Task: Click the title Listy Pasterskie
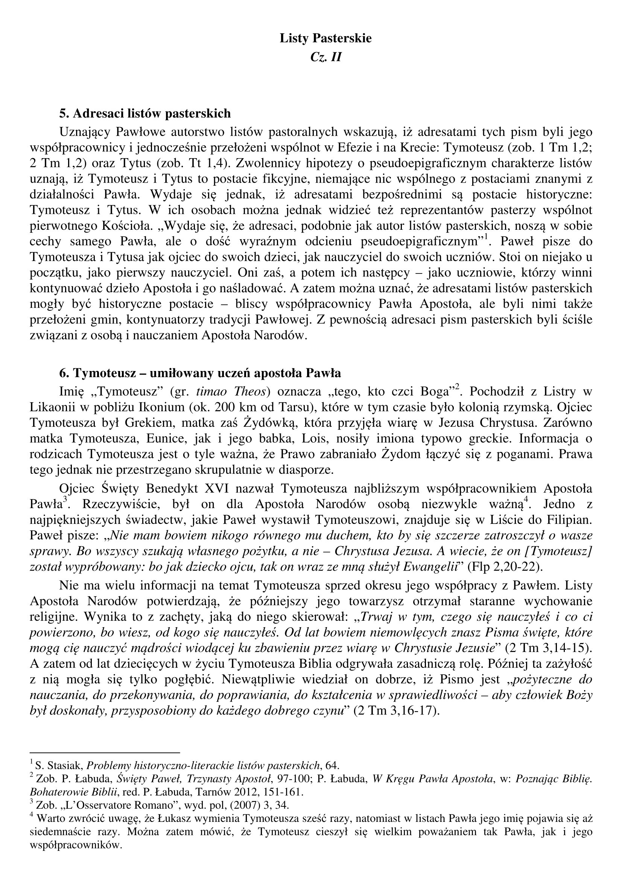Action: pyautogui.click(x=325, y=38)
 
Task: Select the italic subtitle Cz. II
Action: pyautogui.click(x=325, y=57)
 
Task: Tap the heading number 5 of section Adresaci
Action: pyautogui.click(x=63, y=114)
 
